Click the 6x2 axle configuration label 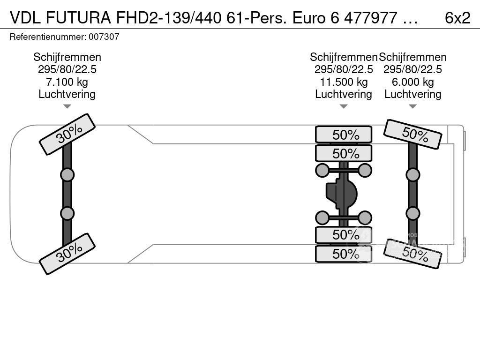point(457,18)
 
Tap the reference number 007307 point(104,37)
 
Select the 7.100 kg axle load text point(67,82)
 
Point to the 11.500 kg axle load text point(344,82)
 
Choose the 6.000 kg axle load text point(412,82)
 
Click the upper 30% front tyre point(67,134)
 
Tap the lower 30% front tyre point(67,254)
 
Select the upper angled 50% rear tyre point(412,134)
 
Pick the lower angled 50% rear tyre point(412,254)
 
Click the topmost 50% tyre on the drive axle point(344,135)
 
